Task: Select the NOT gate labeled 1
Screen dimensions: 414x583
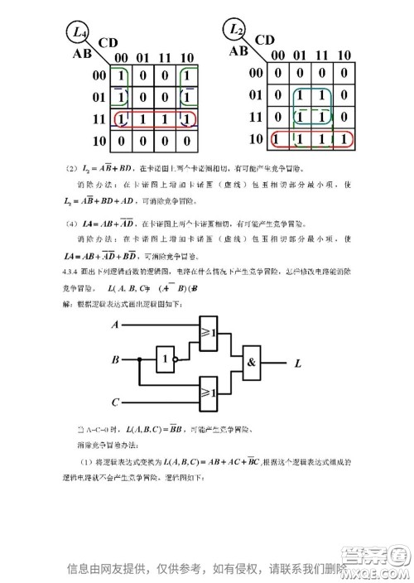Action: point(168,360)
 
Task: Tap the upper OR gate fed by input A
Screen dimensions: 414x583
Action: point(208,334)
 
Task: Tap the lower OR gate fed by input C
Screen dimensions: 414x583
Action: point(208,388)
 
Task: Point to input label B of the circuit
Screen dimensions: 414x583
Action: point(114,360)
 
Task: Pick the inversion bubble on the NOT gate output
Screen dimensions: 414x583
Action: point(181,360)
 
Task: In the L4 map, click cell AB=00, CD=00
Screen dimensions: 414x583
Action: point(122,76)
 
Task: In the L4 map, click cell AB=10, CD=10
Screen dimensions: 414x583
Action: point(188,141)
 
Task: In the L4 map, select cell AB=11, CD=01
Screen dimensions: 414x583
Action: point(144,119)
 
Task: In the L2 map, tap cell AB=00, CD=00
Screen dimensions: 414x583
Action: point(277,74)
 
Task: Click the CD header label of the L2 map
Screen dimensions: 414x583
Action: point(266,39)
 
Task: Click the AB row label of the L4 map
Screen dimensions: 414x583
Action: point(82,54)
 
